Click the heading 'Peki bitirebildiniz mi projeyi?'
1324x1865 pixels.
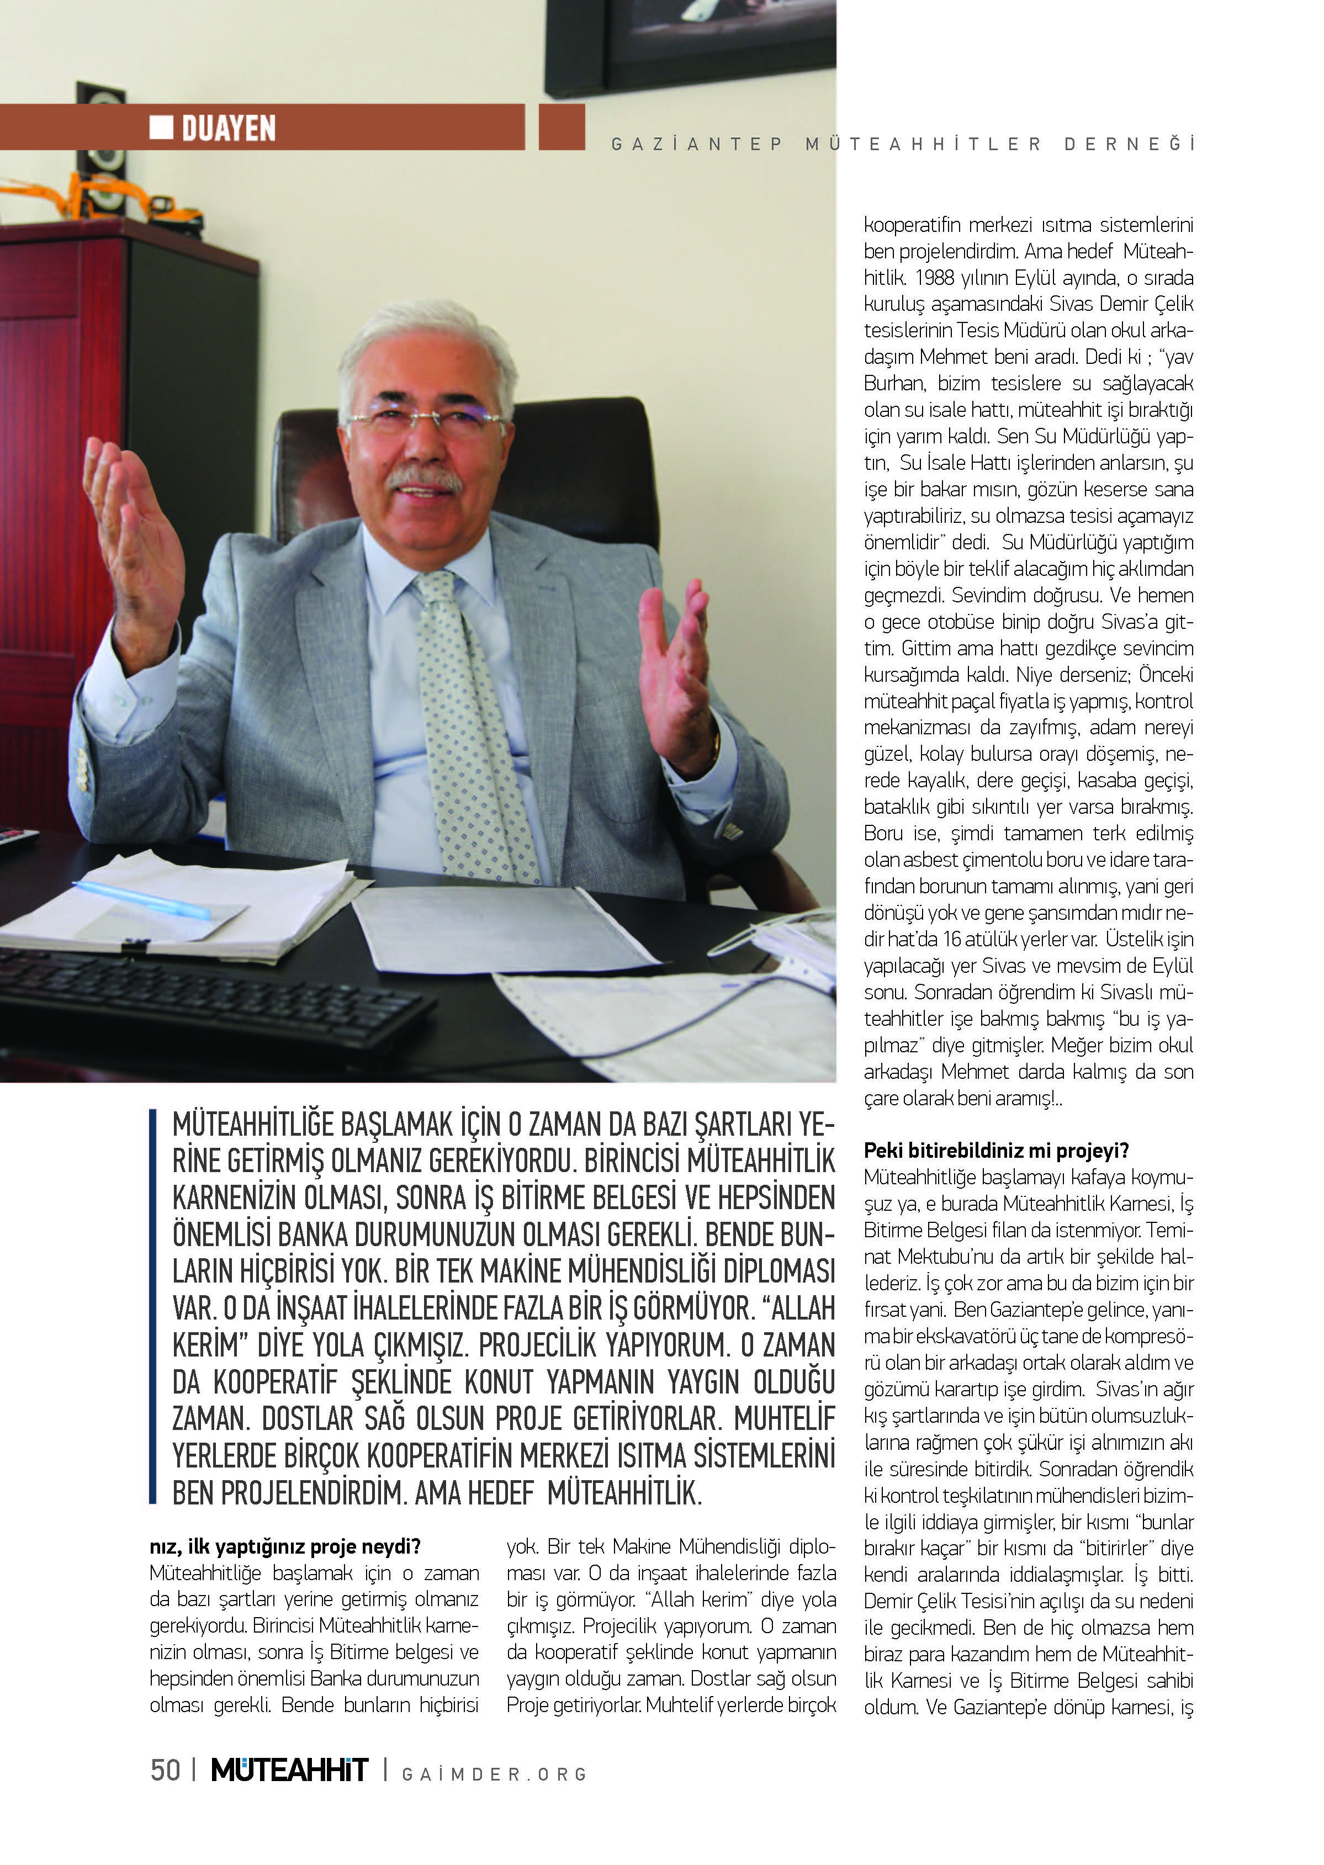click(996, 1150)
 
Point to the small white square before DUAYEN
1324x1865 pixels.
click(161, 126)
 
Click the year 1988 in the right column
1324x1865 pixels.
click(934, 278)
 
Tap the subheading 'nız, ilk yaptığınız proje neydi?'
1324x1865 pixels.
click(284, 1546)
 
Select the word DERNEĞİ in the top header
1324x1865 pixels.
click(1129, 144)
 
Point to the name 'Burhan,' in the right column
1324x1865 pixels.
click(894, 384)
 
